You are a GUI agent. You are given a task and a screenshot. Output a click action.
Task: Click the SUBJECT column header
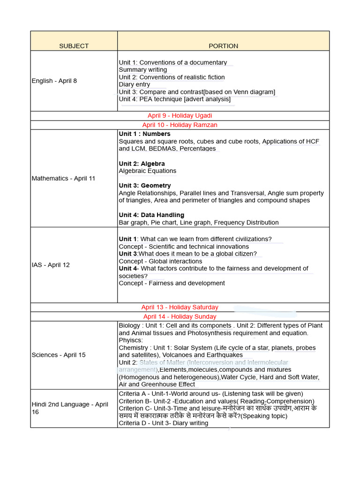pos(74,46)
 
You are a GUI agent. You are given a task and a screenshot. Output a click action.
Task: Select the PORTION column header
pos(223,46)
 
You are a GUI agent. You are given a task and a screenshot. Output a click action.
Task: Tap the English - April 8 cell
pos(54,81)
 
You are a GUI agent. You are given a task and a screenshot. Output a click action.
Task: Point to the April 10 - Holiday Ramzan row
pos(180,125)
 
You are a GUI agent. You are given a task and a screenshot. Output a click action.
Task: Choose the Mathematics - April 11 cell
pos(63,178)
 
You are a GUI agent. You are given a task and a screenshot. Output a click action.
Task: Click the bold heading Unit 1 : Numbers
pos(144,134)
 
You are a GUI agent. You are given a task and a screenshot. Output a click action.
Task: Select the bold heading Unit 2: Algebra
pos(142,164)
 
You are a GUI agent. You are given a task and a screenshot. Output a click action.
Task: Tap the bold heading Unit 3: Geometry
pos(144,186)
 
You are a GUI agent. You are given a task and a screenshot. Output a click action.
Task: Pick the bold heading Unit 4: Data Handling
pos(151,215)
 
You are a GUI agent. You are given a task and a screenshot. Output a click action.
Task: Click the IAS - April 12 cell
pos(51,265)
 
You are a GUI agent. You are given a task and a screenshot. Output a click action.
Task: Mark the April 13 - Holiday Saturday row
pos(180,307)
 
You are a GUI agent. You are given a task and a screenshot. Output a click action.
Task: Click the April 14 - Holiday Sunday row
pos(180,316)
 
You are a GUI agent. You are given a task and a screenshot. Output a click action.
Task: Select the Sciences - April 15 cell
pos(59,355)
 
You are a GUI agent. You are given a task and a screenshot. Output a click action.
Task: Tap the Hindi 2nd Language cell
pos(70,408)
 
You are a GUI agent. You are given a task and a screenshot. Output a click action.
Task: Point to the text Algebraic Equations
pos(147,171)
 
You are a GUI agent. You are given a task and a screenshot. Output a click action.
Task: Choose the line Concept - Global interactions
pos(160,261)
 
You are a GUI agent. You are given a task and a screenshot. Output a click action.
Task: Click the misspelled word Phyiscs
pos(131,340)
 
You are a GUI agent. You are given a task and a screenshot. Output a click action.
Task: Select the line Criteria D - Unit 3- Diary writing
pos(163,423)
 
